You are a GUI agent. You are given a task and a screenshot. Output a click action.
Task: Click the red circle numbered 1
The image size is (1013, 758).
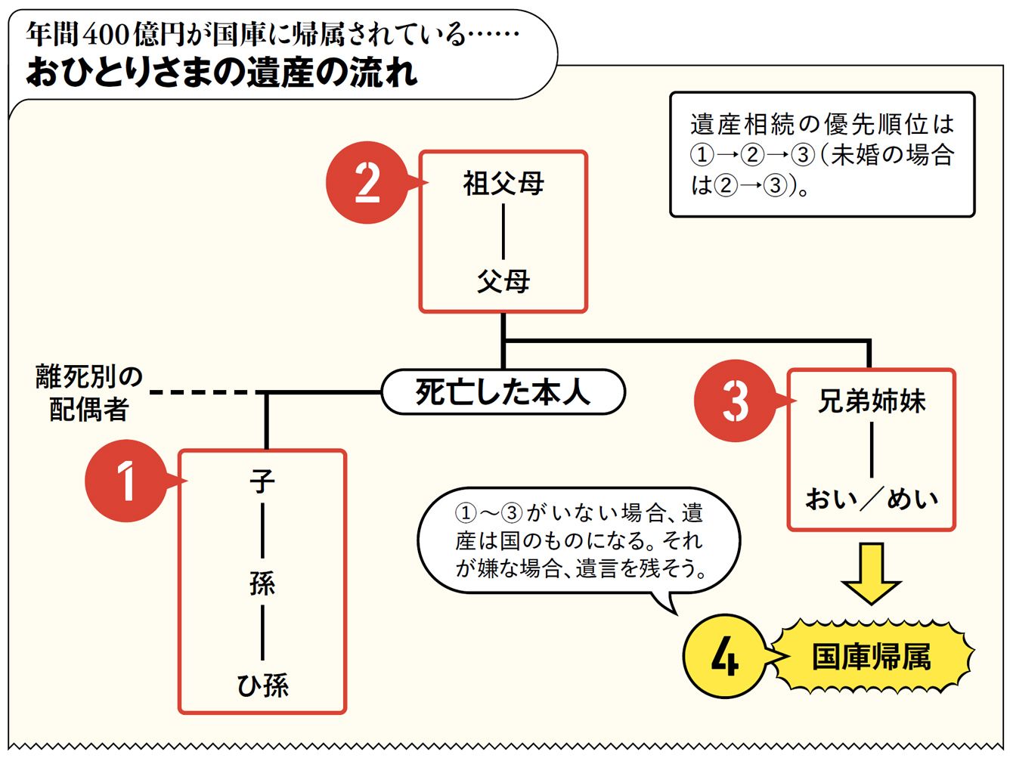click(125, 481)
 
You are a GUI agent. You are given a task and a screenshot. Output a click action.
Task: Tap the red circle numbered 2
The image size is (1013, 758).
click(367, 183)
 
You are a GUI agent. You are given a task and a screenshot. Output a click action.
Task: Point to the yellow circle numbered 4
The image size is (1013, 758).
click(724, 656)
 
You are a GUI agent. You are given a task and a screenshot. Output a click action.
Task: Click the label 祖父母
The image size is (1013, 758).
click(503, 184)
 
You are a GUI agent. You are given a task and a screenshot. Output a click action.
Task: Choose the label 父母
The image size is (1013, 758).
click(503, 282)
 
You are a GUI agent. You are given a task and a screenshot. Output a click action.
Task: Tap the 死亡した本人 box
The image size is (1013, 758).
click(503, 392)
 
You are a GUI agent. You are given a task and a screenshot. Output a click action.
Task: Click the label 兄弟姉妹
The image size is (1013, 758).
click(872, 401)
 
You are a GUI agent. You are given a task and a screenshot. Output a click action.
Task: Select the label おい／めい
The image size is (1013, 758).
click(872, 499)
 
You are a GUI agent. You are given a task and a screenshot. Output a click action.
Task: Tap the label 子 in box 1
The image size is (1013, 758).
click(262, 481)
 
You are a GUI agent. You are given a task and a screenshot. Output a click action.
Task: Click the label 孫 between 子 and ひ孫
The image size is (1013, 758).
click(262, 583)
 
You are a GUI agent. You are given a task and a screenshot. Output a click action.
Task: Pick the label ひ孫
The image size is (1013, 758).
click(262, 685)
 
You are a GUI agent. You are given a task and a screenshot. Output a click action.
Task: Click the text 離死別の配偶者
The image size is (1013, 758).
click(89, 393)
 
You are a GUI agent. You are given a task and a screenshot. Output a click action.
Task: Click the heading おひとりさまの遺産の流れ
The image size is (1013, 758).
click(221, 73)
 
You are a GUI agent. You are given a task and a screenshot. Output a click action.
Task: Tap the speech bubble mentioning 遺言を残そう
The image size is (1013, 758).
click(579, 540)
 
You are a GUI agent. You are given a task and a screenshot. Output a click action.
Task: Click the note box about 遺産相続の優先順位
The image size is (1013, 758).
click(822, 155)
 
